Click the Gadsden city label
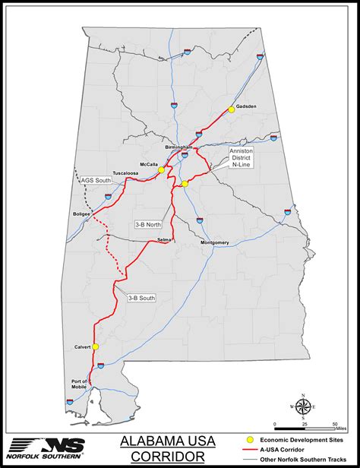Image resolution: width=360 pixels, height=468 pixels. [x=247, y=106]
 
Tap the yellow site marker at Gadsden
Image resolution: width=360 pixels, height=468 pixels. [x=232, y=109]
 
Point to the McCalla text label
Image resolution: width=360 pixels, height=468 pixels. [x=149, y=164]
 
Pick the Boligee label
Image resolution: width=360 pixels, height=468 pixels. [x=81, y=214]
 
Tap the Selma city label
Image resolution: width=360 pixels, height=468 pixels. [x=164, y=239]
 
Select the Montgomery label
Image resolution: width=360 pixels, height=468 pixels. [x=214, y=242]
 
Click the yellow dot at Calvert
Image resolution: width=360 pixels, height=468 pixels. [x=96, y=346]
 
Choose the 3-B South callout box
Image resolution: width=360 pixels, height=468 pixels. [x=141, y=298]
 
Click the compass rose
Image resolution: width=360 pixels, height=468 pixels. [x=303, y=406]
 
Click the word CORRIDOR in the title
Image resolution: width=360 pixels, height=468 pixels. [x=168, y=456]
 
